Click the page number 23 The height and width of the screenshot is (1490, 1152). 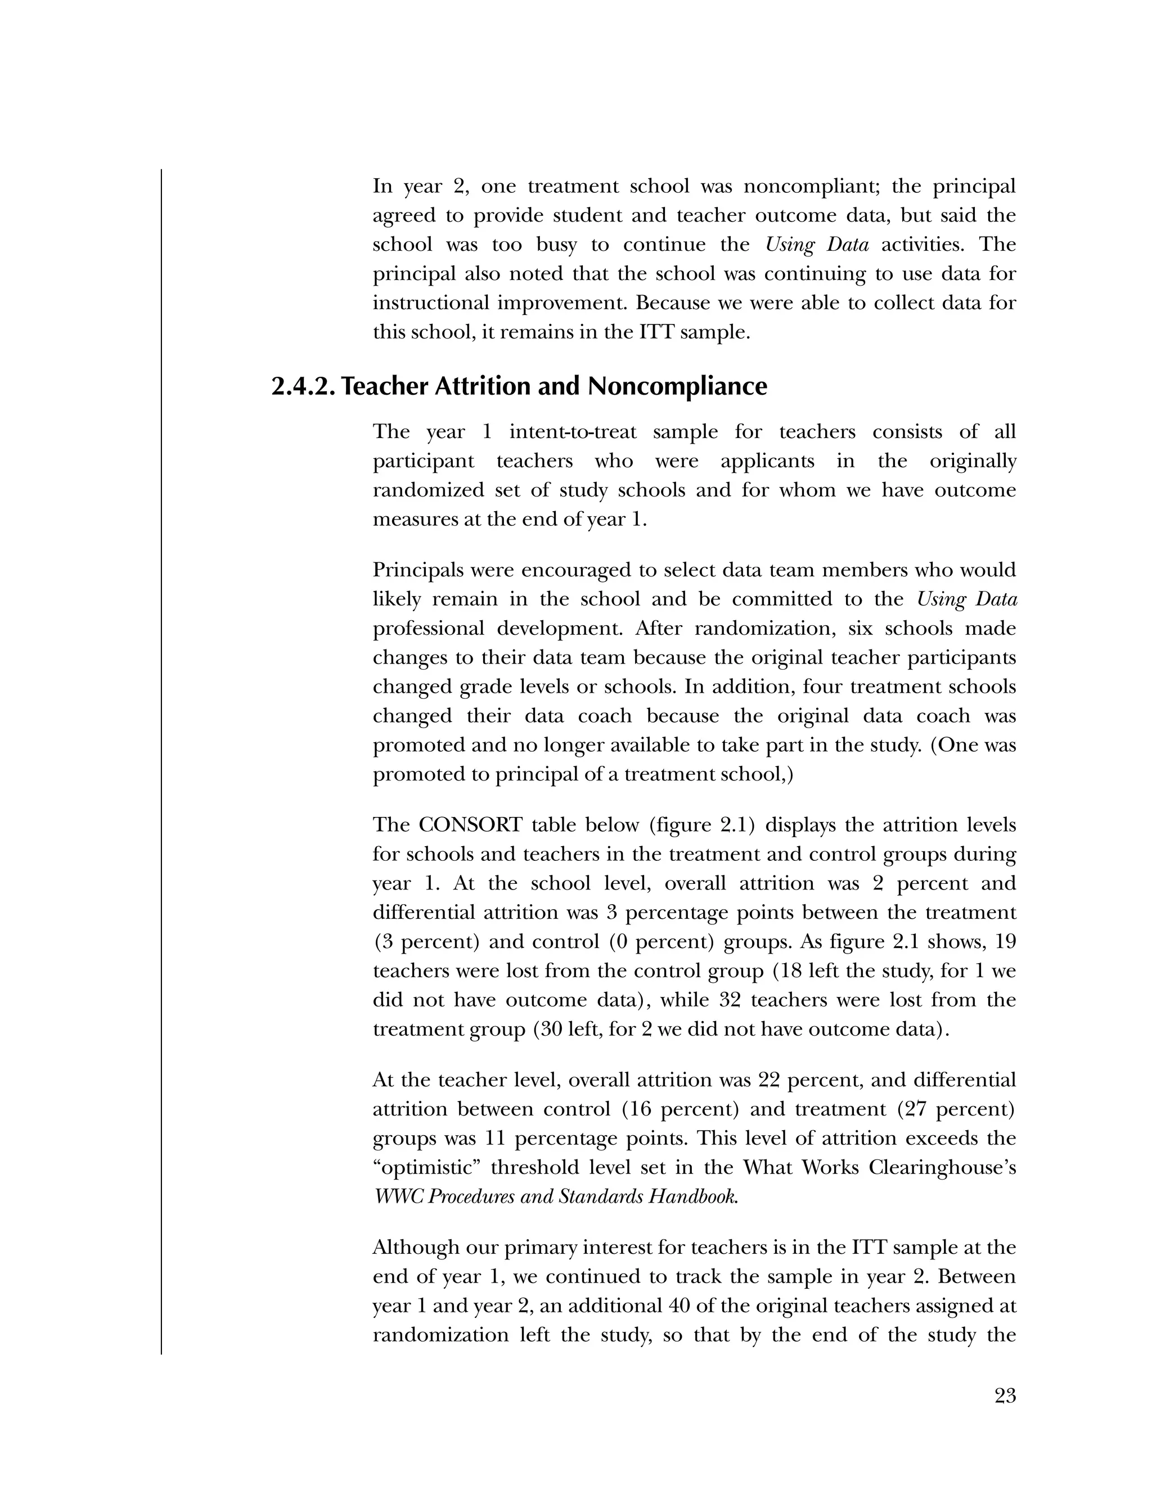(x=1005, y=1396)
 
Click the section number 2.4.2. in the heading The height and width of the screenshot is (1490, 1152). (x=304, y=387)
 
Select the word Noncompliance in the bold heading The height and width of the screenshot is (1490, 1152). (x=677, y=387)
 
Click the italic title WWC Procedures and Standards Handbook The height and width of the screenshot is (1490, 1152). (x=556, y=1196)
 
